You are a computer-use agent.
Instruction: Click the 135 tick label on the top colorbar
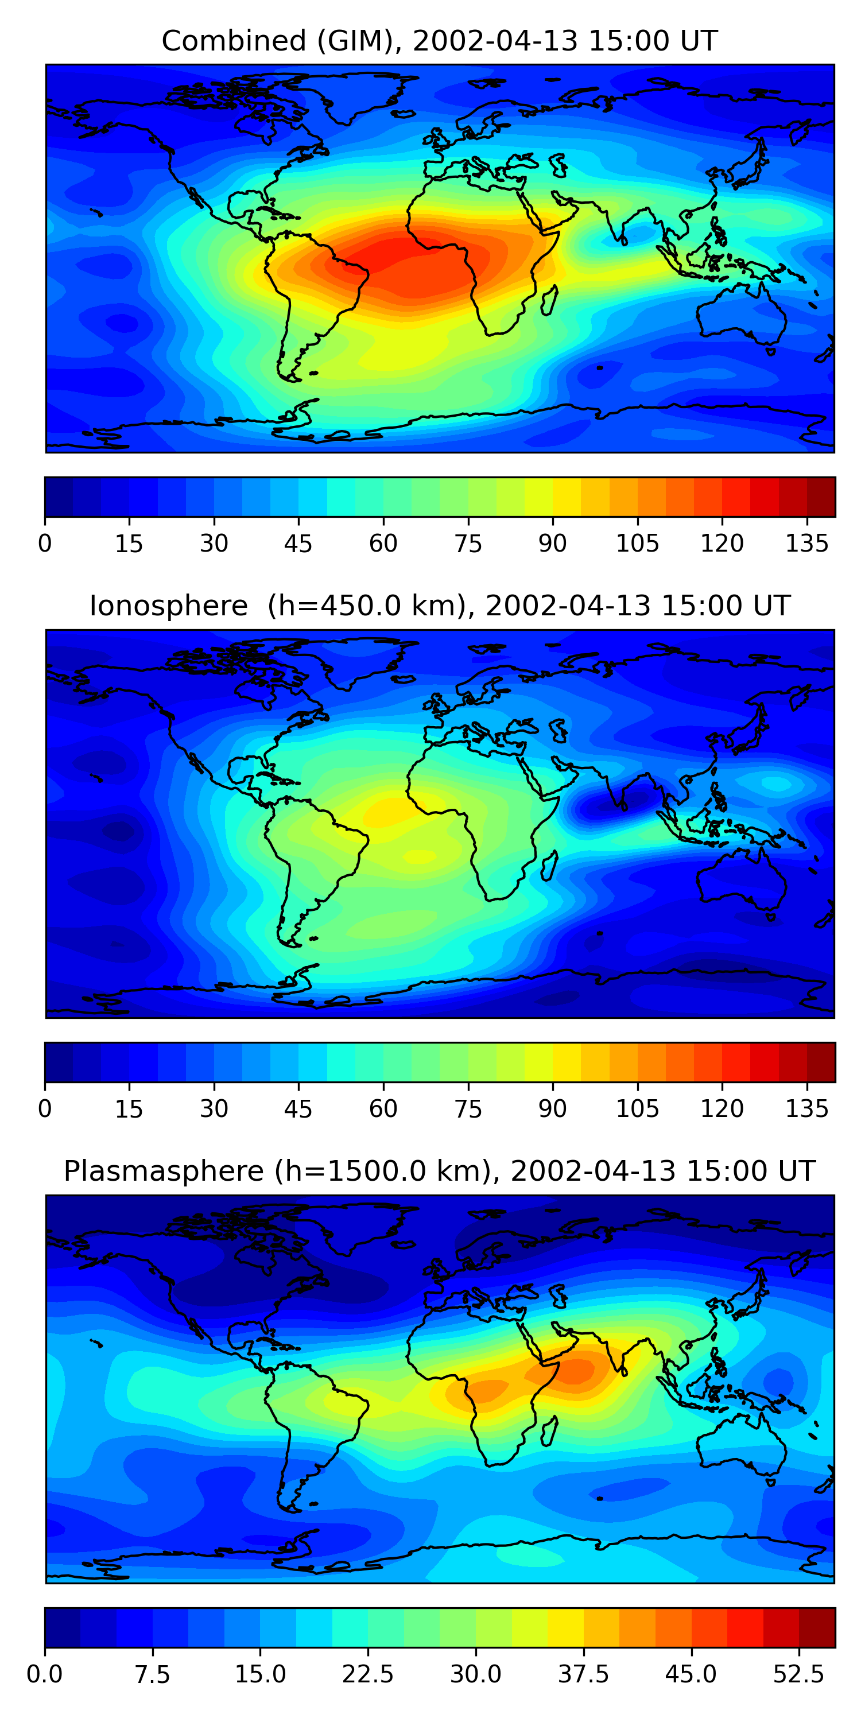(806, 544)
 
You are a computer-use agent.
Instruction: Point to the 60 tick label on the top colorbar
(383, 544)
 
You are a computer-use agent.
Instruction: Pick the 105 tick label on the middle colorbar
(637, 1109)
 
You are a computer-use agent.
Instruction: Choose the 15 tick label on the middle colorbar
(129, 1109)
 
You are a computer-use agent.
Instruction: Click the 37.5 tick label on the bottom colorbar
(583, 1674)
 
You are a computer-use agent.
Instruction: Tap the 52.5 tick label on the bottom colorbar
(798, 1674)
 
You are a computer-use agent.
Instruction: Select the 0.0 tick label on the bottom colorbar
(45, 1674)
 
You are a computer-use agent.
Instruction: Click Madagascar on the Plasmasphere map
(549, 1431)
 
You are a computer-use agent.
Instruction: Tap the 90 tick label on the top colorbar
(552, 544)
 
